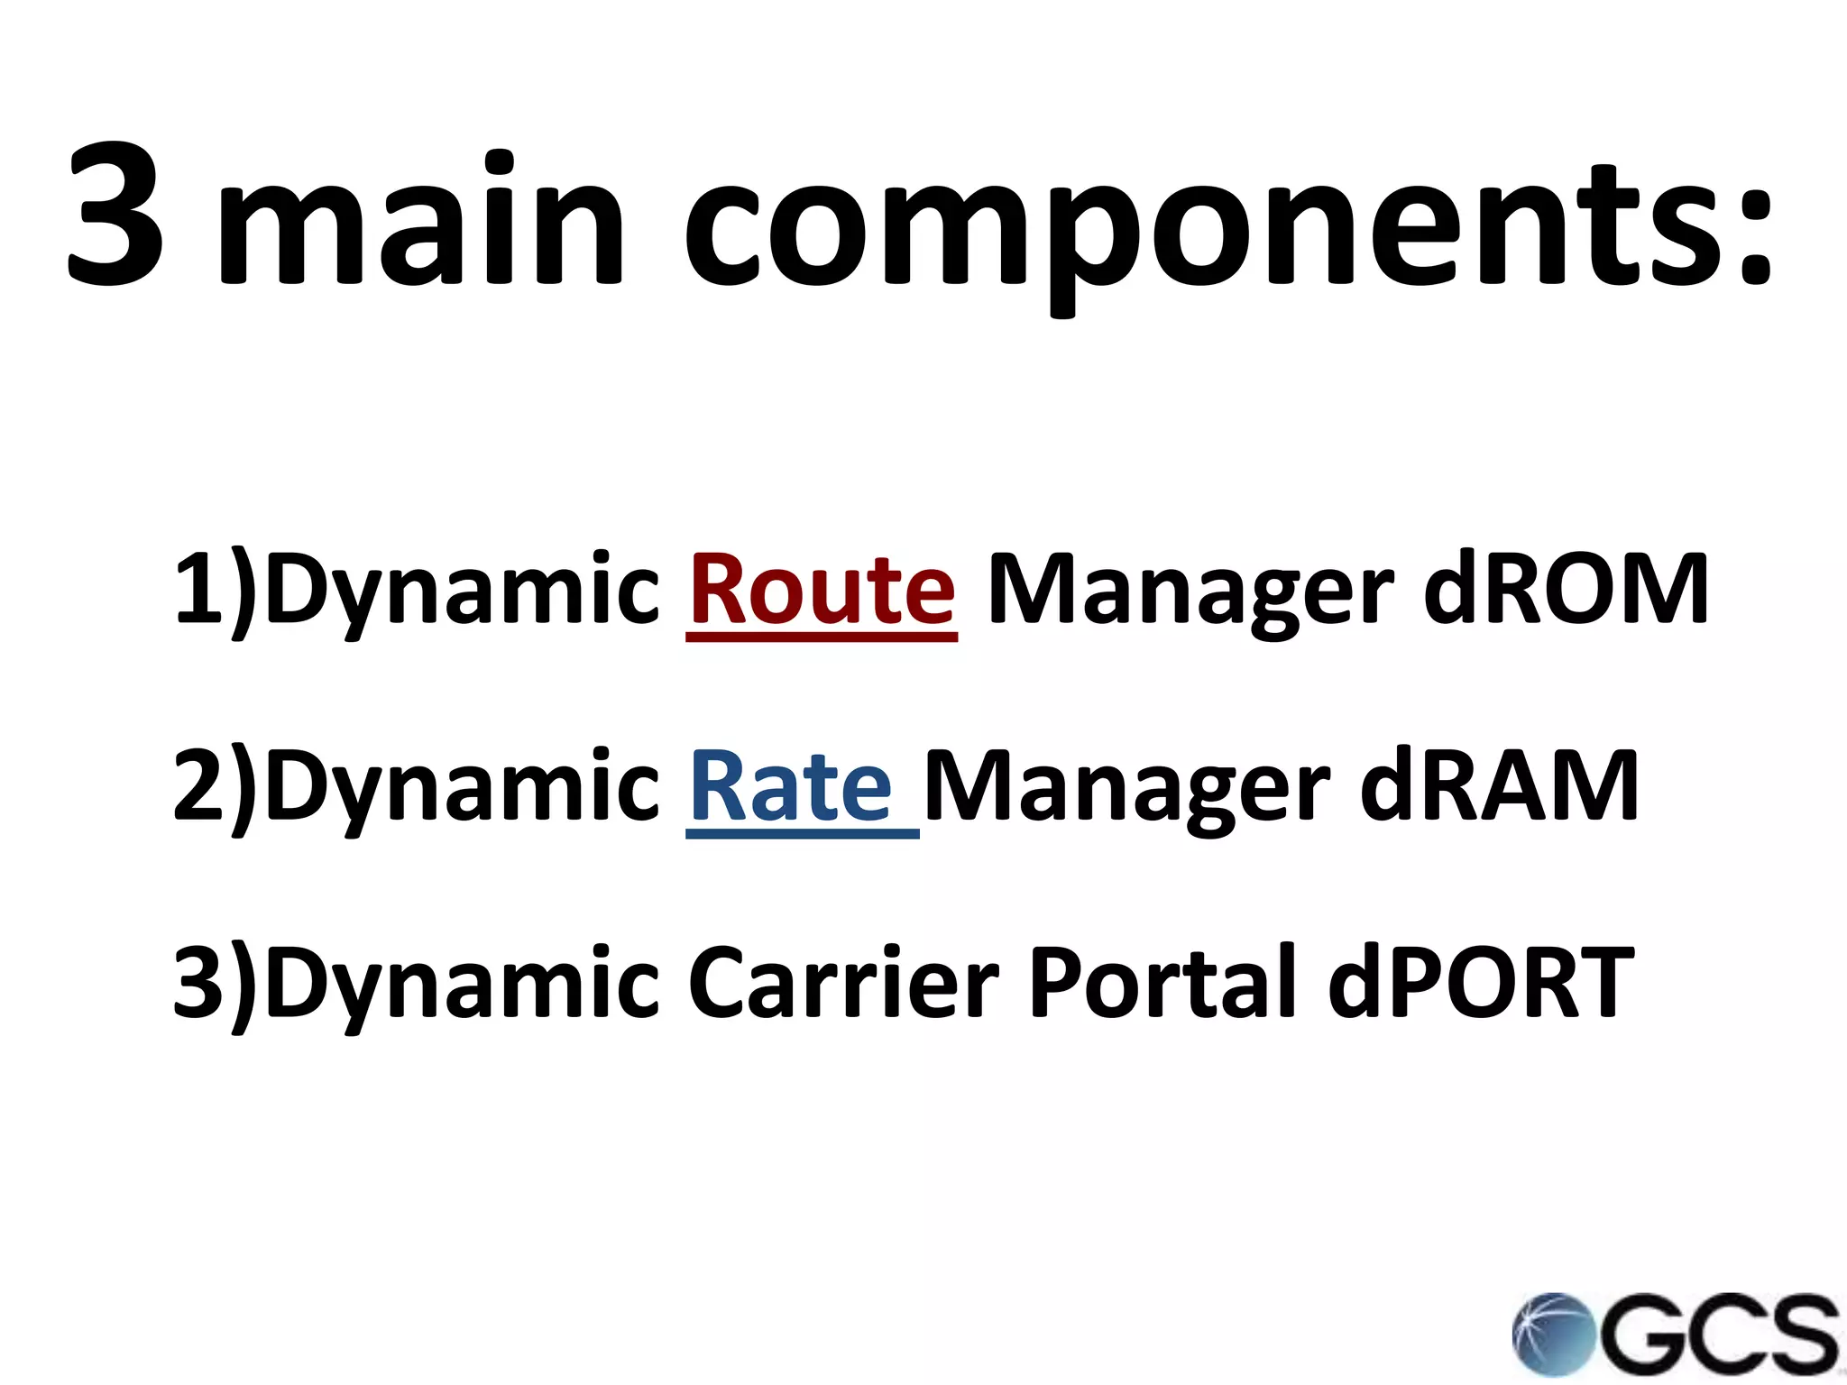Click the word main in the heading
(420, 221)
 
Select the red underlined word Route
(822, 591)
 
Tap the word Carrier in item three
(843, 982)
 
